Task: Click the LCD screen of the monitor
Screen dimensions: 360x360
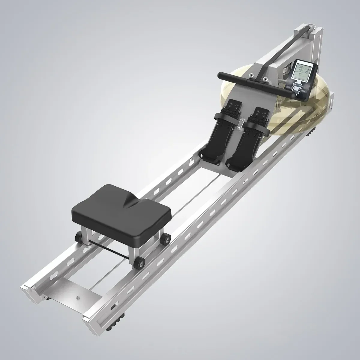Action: click(303, 71)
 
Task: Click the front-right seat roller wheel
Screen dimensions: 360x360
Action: click(139, 263)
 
